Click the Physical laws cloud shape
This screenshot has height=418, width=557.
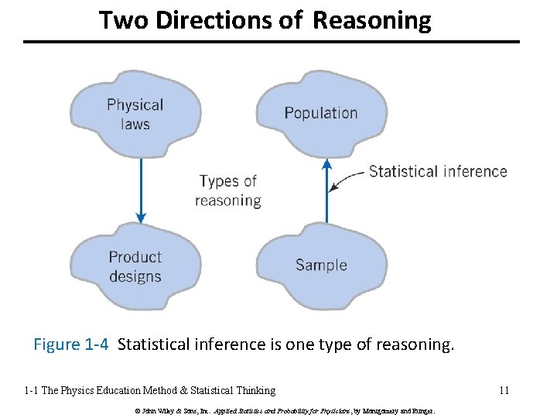[x=135, y=114]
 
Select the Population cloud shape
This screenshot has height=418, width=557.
[x=320, y=113]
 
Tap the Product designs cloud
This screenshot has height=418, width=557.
[x=135, y=266]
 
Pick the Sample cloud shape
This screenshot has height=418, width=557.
[x=320, y=265]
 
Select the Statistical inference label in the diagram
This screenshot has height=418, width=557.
[x=438, y=172]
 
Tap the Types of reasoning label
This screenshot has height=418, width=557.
[x=228, y=190]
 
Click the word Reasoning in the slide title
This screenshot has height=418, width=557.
[x=372, y=20]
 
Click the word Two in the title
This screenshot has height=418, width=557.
[x=125, y=20]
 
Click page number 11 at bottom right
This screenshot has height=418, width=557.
[x=504, y=390]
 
